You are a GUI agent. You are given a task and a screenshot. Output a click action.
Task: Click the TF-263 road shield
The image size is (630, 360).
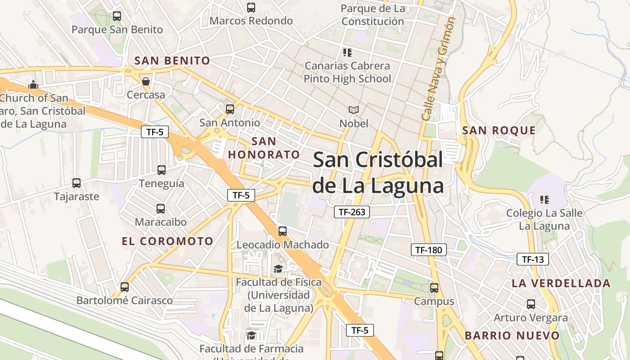[351, 212]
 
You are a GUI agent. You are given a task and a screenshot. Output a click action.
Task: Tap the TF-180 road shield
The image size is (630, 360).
[428, 250]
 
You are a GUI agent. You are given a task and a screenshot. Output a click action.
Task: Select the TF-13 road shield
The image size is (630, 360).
[533, 259]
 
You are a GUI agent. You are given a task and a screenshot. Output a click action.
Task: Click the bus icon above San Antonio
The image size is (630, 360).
[229, 109]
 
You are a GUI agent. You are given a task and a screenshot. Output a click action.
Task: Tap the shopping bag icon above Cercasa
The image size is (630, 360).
[146, 81]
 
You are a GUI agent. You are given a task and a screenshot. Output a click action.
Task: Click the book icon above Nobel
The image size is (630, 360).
[354, 110]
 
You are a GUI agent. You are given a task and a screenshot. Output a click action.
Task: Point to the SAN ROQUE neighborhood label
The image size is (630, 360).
[499, 130]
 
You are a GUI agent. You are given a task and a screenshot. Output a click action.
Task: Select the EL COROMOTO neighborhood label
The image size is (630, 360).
[167, 241]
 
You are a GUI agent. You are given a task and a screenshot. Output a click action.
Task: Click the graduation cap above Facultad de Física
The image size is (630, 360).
[279, 269]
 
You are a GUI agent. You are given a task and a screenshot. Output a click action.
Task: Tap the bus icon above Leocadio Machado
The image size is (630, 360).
[283, 231]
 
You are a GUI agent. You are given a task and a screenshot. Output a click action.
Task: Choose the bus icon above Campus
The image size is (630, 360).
[434, 288]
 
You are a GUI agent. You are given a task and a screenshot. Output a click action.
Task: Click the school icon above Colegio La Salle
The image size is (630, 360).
[544, 199]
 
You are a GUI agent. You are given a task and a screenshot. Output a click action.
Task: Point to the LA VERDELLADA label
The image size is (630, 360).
[561, 283]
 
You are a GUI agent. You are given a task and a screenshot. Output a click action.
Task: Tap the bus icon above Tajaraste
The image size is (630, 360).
[76, 183]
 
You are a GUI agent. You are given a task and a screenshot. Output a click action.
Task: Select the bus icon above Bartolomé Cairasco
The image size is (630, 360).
[124, 287]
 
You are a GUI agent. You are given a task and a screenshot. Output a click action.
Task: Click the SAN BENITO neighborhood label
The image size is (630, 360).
[172, 61]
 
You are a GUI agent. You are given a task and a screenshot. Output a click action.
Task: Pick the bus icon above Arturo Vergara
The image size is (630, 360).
[531, 304]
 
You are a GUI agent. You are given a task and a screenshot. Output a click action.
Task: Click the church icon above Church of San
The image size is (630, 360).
[33, 85]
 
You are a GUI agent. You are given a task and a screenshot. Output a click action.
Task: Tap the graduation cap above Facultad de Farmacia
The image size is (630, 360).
[251, 335]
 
